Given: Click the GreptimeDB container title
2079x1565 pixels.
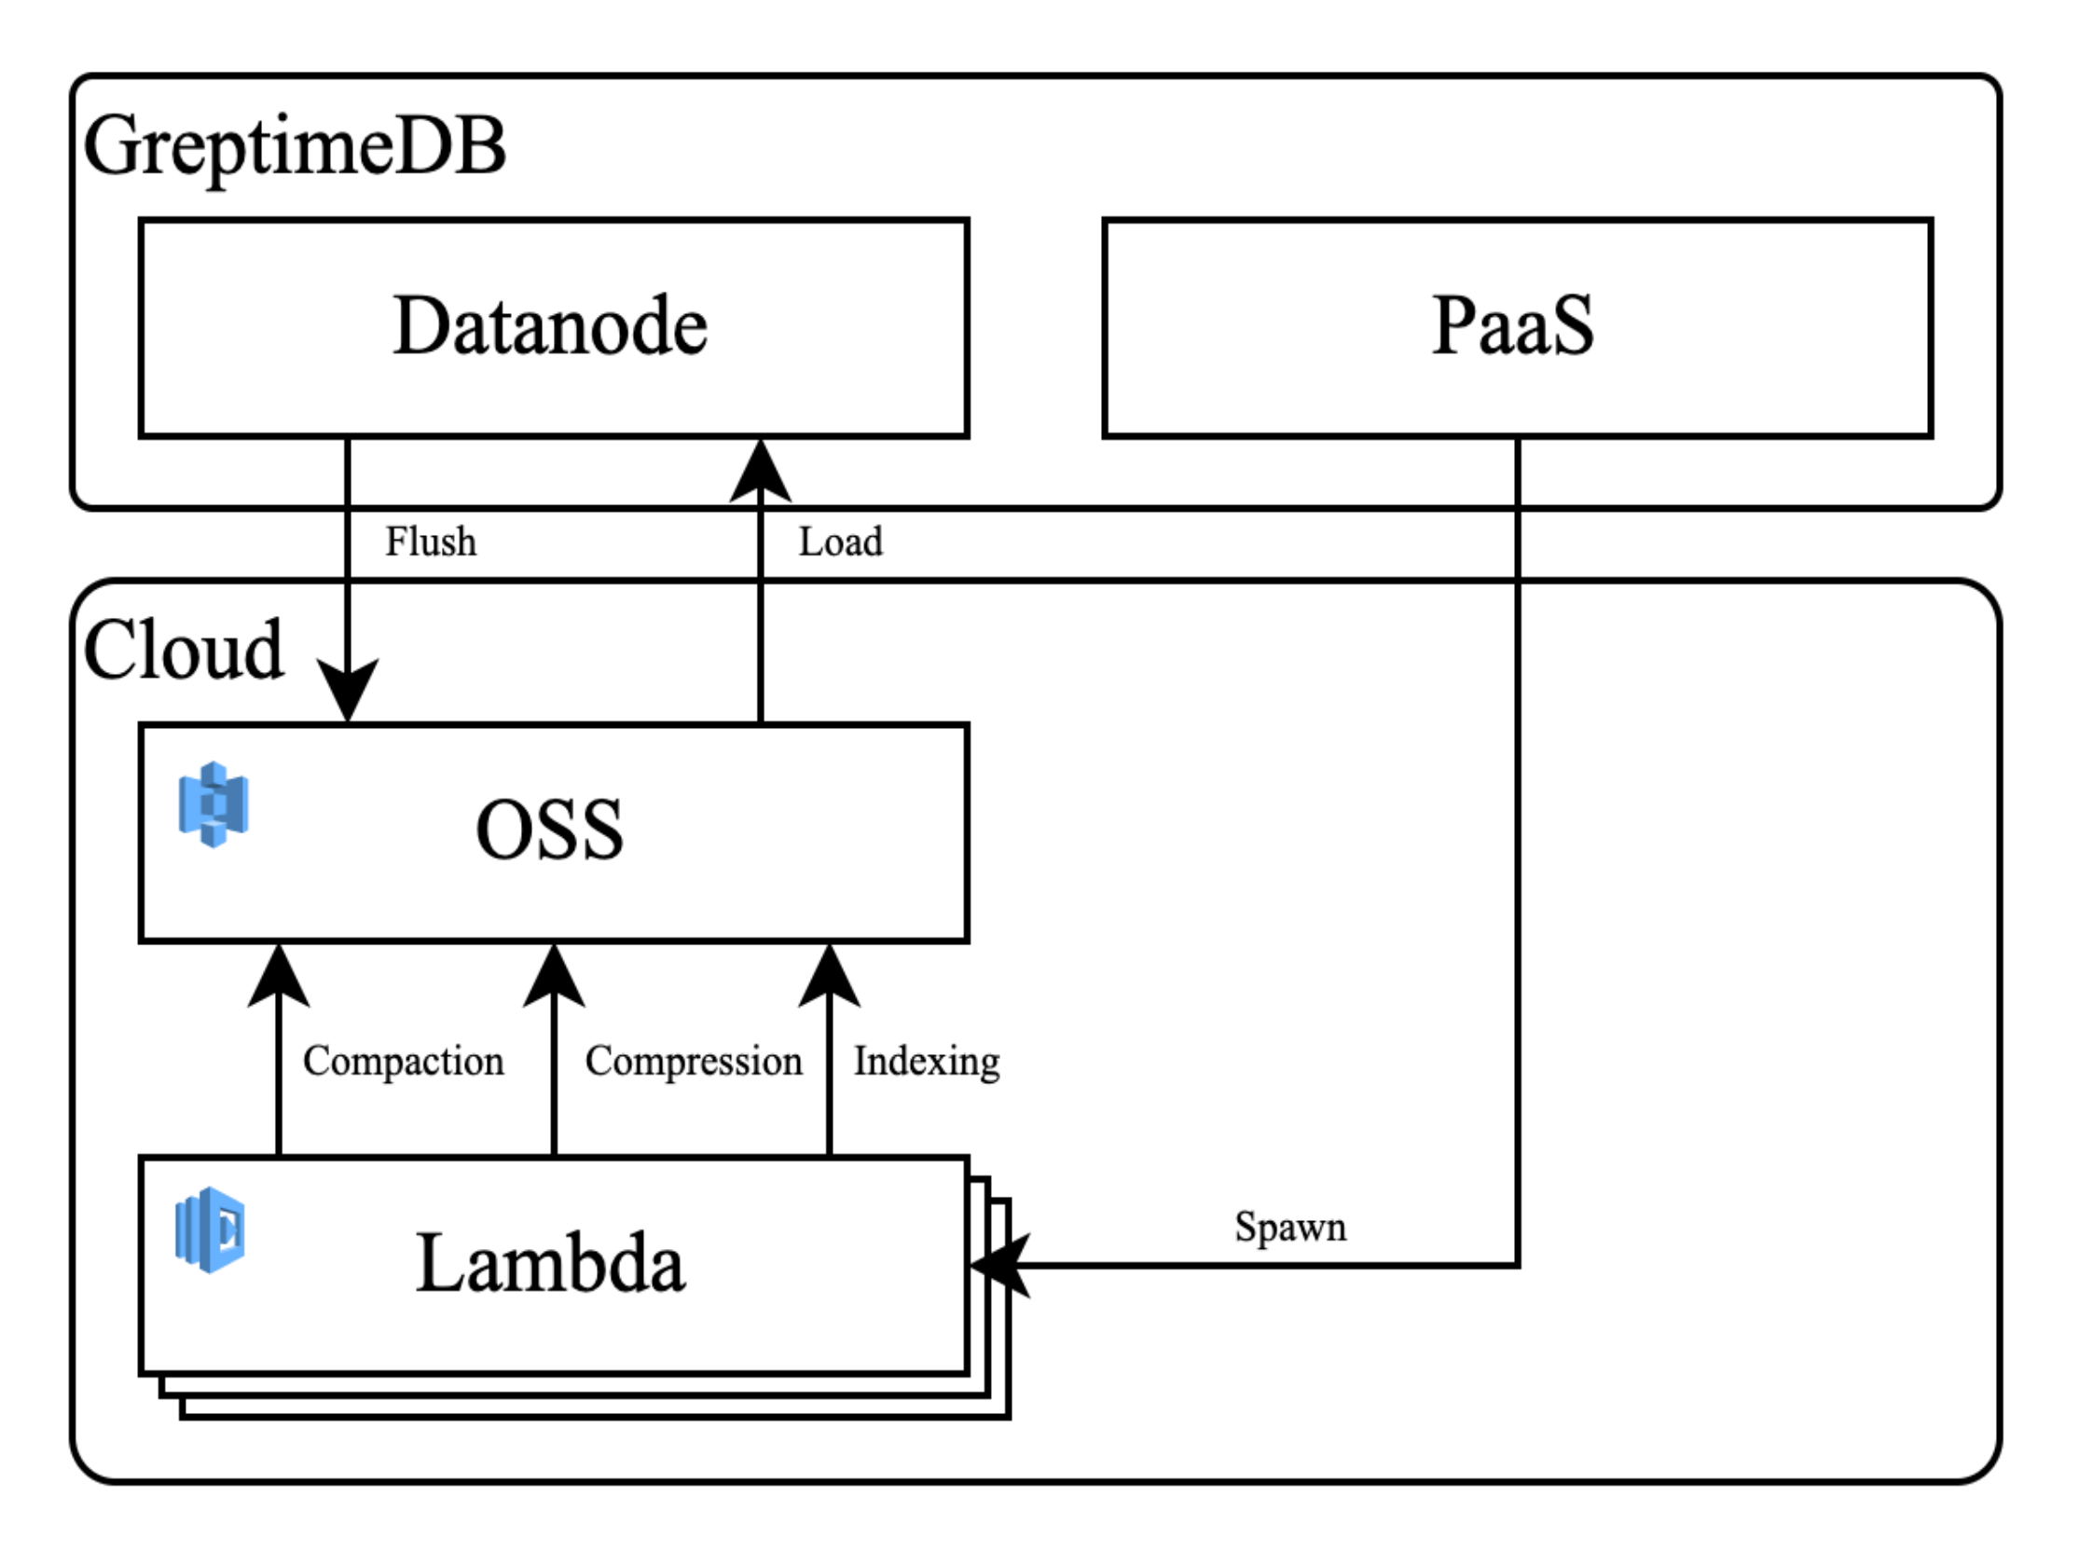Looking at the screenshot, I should pos(295,147).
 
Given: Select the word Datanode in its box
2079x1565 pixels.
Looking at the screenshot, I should pos(550,326).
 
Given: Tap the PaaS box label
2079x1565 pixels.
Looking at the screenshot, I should pos(1512,326).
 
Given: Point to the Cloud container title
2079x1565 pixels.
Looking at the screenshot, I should pos(184,651).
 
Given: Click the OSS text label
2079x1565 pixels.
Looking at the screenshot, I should pos(550,830).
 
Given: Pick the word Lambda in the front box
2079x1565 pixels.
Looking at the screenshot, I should pos(550,1264).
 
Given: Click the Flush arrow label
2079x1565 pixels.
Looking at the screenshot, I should pos(431,542).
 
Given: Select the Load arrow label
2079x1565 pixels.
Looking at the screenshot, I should pos(840,542).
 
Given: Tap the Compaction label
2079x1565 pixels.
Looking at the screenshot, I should pos(403,1061).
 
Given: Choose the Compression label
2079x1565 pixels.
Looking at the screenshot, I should pos(694,1061).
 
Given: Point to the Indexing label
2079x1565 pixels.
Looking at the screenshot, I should pos(926,1061).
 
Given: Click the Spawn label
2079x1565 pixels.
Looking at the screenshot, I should pos(1290,1227).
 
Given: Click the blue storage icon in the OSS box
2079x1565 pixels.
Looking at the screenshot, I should pos(213,804).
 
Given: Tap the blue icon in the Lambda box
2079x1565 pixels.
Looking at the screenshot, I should pos(211,1229).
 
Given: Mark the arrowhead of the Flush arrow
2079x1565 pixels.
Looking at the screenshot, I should pos(348,691).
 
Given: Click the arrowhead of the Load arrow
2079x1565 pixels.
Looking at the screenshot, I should pos(761,470).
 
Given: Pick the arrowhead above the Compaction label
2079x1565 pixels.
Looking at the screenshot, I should pos(279,976).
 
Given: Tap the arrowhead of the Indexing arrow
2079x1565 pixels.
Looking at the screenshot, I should pos(829,976).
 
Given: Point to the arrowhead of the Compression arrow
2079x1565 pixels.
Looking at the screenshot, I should pos(554,976).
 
